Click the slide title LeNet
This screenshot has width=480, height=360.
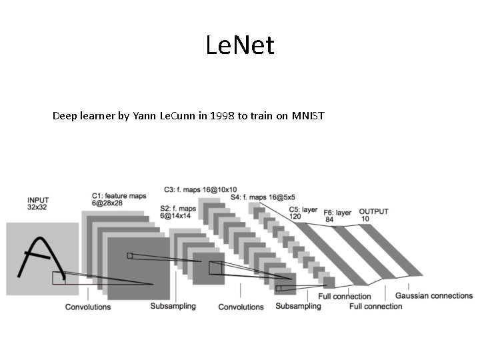click(x=240, y=46)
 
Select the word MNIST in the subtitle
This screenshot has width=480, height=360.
click(x=307, y=116)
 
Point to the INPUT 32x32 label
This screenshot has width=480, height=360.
click(x=39, y=203)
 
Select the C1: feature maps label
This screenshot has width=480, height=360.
click(x=119, y=195)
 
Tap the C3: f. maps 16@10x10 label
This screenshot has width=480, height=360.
click(x=200, y=189)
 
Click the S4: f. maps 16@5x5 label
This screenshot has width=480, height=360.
click(x=267, y=197)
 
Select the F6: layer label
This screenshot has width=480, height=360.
click(x=338, y=213)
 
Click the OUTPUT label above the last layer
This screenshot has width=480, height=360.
click(x=373, y=211)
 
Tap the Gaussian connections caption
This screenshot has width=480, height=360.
click(x=433, y=296)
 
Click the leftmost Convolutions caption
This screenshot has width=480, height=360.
click(x=88, y=307)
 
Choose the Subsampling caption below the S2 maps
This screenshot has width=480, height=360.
click(x=173, y=307)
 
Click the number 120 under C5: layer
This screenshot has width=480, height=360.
click(x=296, y=217)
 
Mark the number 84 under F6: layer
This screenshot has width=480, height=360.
click(x=329, y=219)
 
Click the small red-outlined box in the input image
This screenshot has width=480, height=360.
click(x=59, y=277)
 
